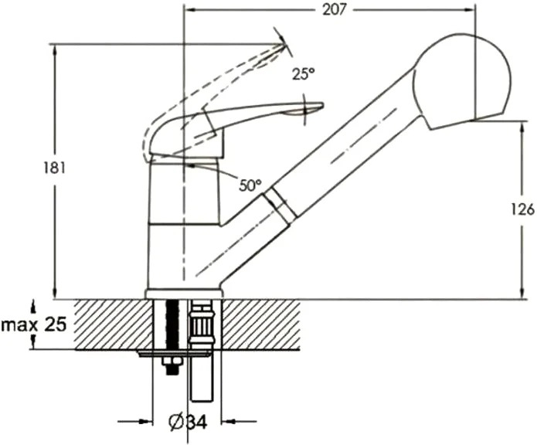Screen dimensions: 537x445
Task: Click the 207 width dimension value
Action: point(335,10)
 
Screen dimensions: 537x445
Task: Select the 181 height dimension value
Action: point(54,168)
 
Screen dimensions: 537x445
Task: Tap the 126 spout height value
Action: point(522,209)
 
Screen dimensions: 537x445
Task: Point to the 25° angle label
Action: point(304,74)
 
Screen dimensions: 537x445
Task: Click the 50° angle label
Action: point(250,185)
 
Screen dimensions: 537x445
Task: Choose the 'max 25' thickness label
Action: point(33,324)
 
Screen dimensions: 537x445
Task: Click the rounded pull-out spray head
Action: point(461,81)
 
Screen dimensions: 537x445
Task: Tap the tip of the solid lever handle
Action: point(323,104)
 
